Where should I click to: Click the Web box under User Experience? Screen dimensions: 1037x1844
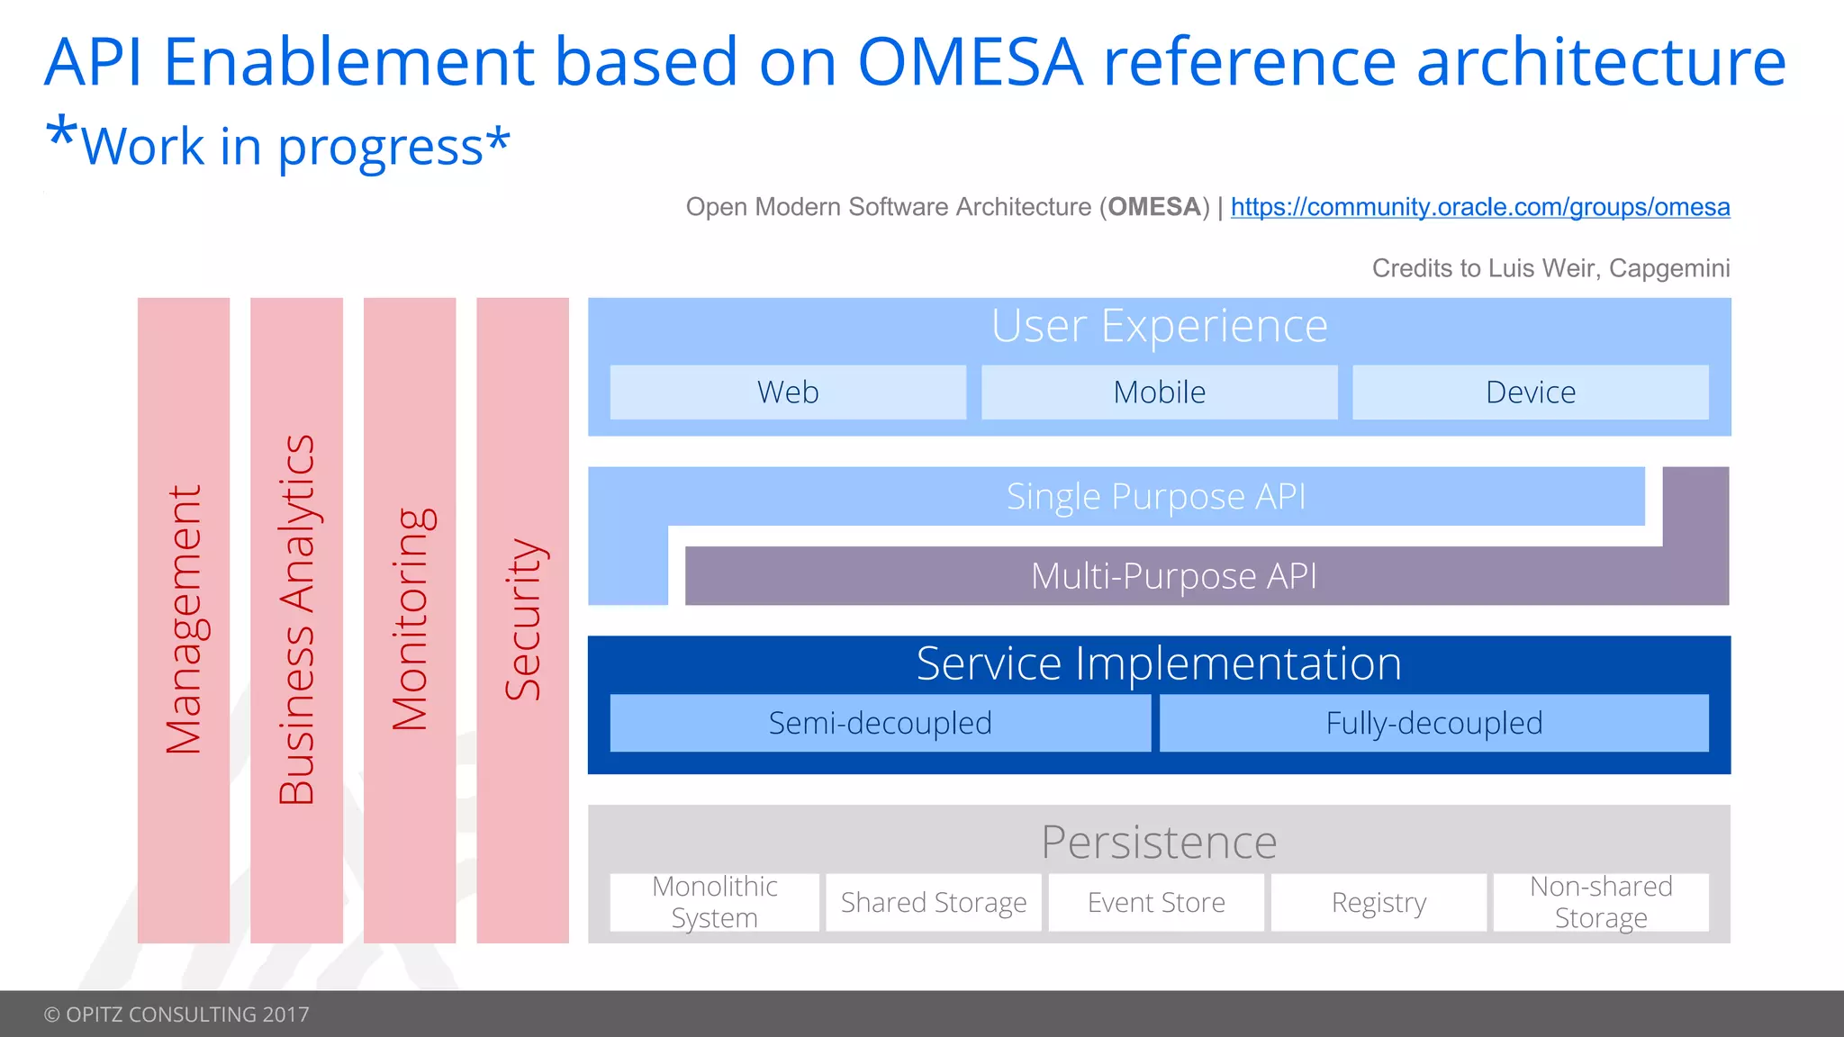click(788, 392)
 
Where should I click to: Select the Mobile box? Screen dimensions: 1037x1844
click(1159, 392)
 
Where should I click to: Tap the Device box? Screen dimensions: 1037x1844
click(1530, 392)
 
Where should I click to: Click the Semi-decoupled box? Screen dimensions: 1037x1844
click(880, 723)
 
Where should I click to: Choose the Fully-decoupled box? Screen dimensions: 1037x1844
click(1433, 723)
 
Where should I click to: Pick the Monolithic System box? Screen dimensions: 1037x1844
click(715, 902)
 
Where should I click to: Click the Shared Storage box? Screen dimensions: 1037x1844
click(934, 902)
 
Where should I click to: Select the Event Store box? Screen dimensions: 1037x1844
click(1156, 902)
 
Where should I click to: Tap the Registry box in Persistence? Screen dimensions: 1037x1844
click(1378, 902)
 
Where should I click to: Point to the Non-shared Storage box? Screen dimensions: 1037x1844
click(1601, 902)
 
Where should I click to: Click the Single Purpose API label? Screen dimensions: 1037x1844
click(1155, 497)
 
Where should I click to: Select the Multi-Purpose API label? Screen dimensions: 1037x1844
click(1173, 576)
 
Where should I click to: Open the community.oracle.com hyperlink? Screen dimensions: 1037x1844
click(1479, 207)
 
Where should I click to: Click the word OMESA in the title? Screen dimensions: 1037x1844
click(970, 63)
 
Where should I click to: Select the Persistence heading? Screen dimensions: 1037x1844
click(1159, 842)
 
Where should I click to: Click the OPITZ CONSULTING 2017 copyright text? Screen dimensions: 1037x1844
click(176, 1014)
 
